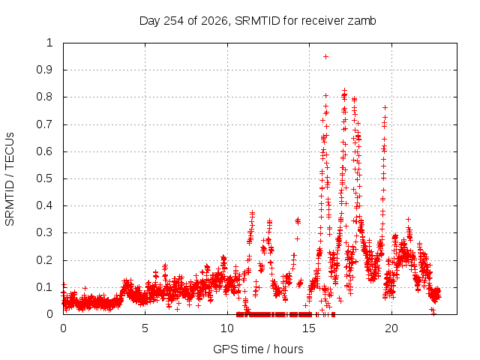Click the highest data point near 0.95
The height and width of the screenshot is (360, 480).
coord(326,57)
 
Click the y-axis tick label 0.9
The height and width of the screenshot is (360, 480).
coord(44,70)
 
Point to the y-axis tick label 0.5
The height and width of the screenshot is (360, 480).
coord(44,178)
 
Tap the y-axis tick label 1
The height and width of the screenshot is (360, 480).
coord(49,43)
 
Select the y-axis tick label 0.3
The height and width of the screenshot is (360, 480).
coord(44,232)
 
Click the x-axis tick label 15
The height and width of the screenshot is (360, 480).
coord(309,328)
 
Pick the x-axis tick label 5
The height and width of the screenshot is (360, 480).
coord(145,328)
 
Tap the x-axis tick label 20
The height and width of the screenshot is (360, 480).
coord(391,328)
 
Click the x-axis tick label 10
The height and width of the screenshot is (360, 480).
coord(227,328)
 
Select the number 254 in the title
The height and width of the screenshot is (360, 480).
coord(174,21)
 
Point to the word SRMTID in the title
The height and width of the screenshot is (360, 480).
coord(257,21)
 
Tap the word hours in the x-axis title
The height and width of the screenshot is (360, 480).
coord(289,349)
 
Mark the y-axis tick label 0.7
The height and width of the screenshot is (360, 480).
coord(44,124)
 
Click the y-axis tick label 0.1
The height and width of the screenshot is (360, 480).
coord(44,287)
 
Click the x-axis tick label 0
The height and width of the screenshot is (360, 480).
coord(63,328)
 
